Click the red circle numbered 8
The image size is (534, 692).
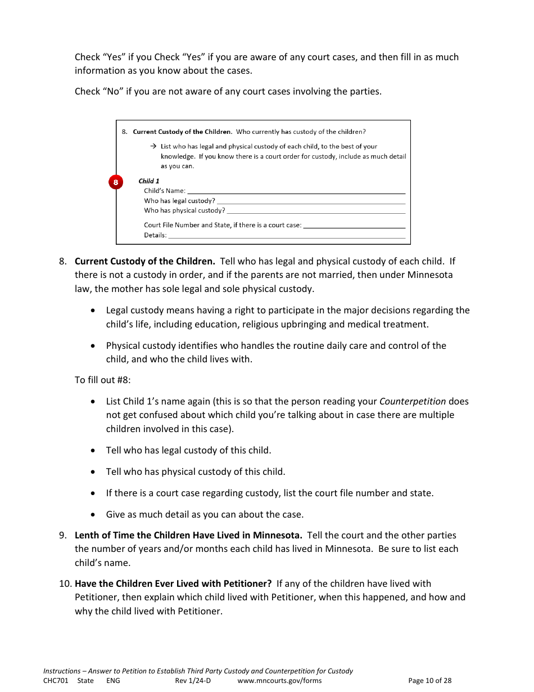pyautogui.click(x=115, y=182)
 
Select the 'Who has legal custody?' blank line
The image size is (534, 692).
pyautogui.click(x=311, y=201)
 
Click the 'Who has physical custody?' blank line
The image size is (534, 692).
pyautogui.click(x=315, y=212)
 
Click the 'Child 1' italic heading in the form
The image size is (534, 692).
pyautogui.click(x=149, y=181)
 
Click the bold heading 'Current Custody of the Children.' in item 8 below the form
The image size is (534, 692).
pyautogui.click(x=144, y=262)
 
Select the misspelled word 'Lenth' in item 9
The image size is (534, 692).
pyautogui.click(x=87, y=536)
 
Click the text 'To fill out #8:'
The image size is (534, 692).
pyautogui.click(x=102, y=380)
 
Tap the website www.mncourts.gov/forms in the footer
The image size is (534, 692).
pyautogui.click(x=279, y=681)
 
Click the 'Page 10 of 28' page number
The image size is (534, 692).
pyautogui.click(x=429, y=681)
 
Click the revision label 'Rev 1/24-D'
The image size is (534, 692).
pyautogui.click(x=193, y=681)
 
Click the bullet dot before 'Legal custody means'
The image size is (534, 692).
pyautogui.click(x=93, y=311)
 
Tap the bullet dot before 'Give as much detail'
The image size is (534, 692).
pyautogui.click(x=93, y=515)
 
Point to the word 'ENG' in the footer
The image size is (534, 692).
pyautogui.click(x=113, y=681)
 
